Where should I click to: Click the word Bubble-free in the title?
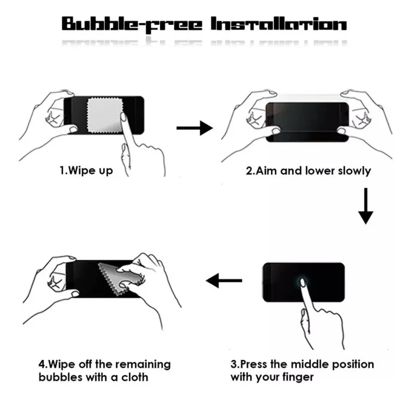[x=132, y=25]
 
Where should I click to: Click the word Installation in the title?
[x=278, y=24]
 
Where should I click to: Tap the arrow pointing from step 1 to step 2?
[x=195, y=128]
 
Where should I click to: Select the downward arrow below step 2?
[x=365, y=206]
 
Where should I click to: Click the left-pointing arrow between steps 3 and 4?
[x=224, y=281]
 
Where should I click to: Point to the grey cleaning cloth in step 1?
[x=105, y=115]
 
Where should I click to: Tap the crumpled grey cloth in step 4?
[x=120, y=278]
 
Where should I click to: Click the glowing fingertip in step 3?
[x=303, y=282]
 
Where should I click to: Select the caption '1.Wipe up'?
[x=86, y=171]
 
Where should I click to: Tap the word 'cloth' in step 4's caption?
[x=135, y=377]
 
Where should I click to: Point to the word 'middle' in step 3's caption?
[x=310, y=364]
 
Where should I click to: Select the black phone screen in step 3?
[x=304, y=282]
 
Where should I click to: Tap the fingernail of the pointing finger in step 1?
[x=123, y=117]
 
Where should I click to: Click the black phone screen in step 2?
[x=307, y=122]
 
